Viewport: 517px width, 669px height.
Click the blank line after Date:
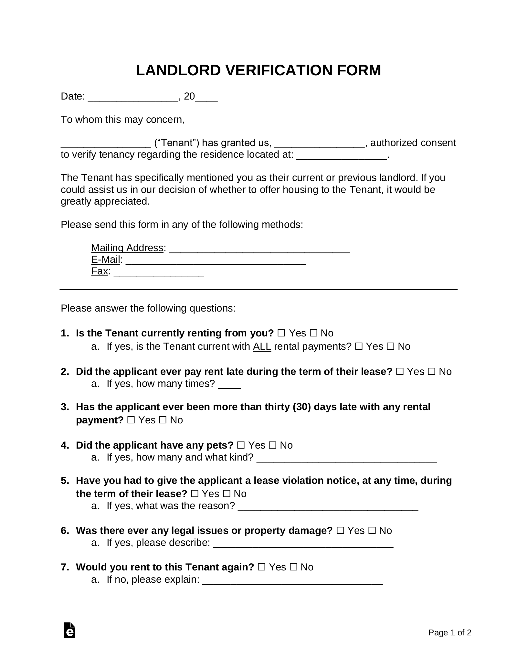click(133, 97)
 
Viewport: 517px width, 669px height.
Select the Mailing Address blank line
click(259, 249)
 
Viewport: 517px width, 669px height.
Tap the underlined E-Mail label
click(105, 260)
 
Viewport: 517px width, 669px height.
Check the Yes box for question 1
click(281, 333)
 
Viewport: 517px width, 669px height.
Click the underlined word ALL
click(262, 346)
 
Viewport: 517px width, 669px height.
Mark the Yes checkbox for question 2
click(399, 372)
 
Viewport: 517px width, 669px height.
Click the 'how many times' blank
click(229, 384)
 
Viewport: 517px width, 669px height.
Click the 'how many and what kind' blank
click(346, 458)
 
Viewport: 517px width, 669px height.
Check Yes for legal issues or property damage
click(340, 531)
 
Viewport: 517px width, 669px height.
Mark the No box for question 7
click(293, 567)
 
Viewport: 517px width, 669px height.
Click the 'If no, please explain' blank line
click(292, 580)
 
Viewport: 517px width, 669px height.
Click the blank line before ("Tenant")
click(106, 143)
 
